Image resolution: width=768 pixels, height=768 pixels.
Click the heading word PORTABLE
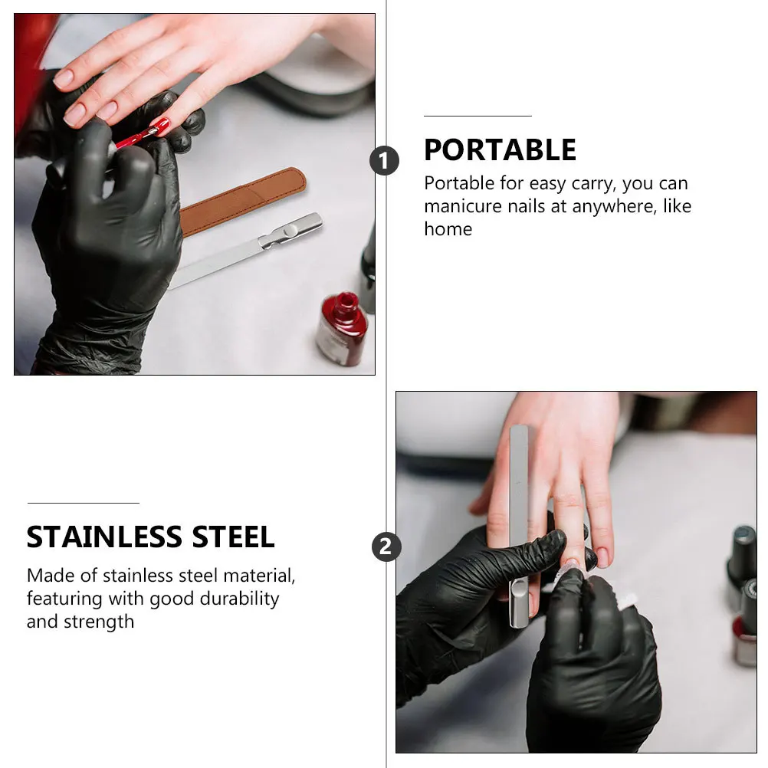(x=500, y=150)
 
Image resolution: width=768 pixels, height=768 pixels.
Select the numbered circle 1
(x=384, y=162)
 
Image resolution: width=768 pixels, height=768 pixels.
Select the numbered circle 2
(x=386, y=547)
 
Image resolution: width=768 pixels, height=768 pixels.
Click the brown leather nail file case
(x=243, y=201)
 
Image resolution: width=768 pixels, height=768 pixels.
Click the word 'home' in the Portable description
(x=448, y=229)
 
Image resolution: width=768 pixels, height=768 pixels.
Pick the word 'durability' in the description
(x=237, y=599)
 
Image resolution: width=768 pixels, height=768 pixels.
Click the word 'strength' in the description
(x=100, y=622)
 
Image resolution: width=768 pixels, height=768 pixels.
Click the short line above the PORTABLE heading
(x=478, y=116)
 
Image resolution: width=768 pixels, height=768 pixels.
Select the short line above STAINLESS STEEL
(x=83, y=503)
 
